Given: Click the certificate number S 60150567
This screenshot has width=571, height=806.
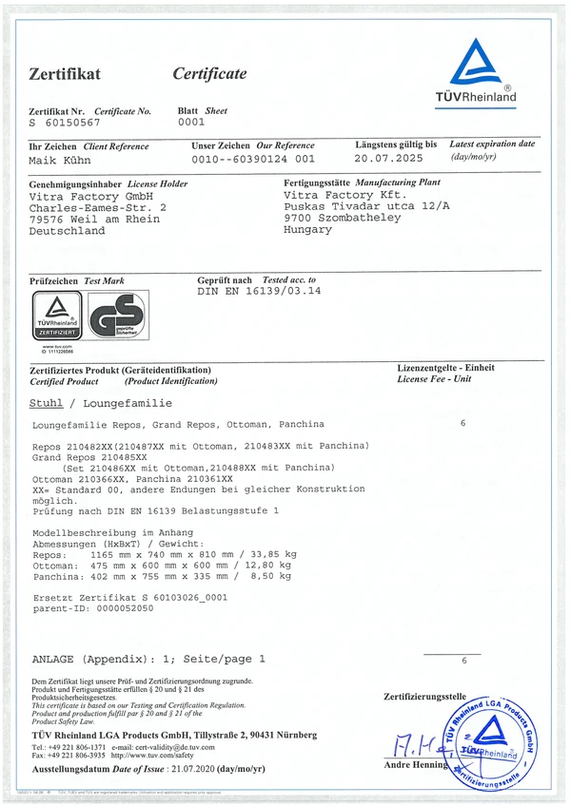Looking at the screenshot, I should (65, 124).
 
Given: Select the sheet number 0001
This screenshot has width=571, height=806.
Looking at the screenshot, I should (191, 123).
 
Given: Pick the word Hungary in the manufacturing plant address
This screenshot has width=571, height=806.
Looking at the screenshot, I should (308, 230).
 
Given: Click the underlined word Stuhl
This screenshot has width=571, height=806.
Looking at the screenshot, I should (47, 404).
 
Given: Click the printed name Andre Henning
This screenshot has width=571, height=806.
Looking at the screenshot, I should (416, 764).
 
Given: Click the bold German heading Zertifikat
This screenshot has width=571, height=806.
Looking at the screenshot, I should (65, 74).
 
